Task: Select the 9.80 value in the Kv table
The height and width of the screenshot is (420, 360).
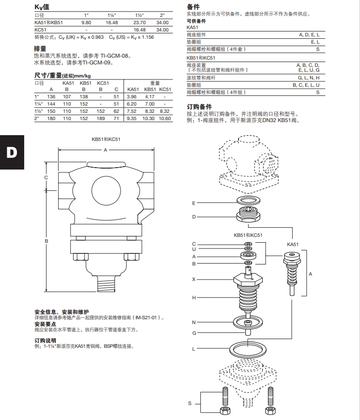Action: point(86,22)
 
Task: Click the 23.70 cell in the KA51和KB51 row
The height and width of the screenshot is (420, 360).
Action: point(139,22)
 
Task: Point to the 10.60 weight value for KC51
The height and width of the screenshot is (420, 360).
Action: point(165,119)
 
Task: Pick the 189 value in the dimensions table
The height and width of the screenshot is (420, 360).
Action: point(101,119)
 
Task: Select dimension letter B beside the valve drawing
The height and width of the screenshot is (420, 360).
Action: point(46,240)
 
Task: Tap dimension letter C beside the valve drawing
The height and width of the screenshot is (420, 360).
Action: point(46,178)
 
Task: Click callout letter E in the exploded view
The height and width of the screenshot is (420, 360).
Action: point(194,203)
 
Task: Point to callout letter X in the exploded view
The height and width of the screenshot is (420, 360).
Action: point(194,280)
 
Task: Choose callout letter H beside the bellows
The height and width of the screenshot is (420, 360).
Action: point(194,297)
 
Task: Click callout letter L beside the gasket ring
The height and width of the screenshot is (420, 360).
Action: point(194,349)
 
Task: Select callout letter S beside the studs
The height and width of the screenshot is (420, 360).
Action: point(190,403)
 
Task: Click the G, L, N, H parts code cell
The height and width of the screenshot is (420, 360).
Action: point(308,78)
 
